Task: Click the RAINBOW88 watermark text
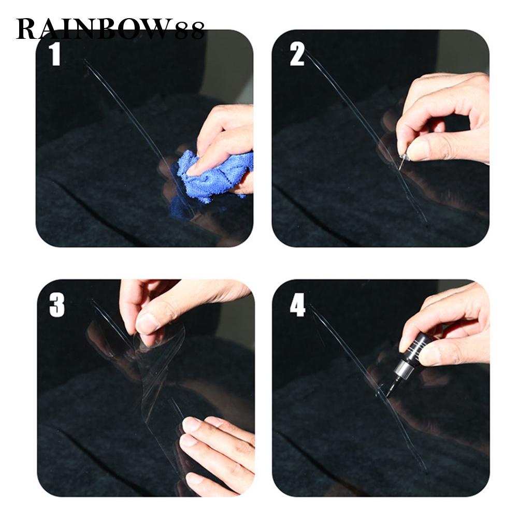coord(110,29)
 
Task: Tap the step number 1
coord(55,55)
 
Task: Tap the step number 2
coord(296,55)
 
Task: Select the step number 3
coord(57,306)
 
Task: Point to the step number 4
coord(297,305)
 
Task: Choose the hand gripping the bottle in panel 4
coord(446,327)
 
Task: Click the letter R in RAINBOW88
coord(26,30)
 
